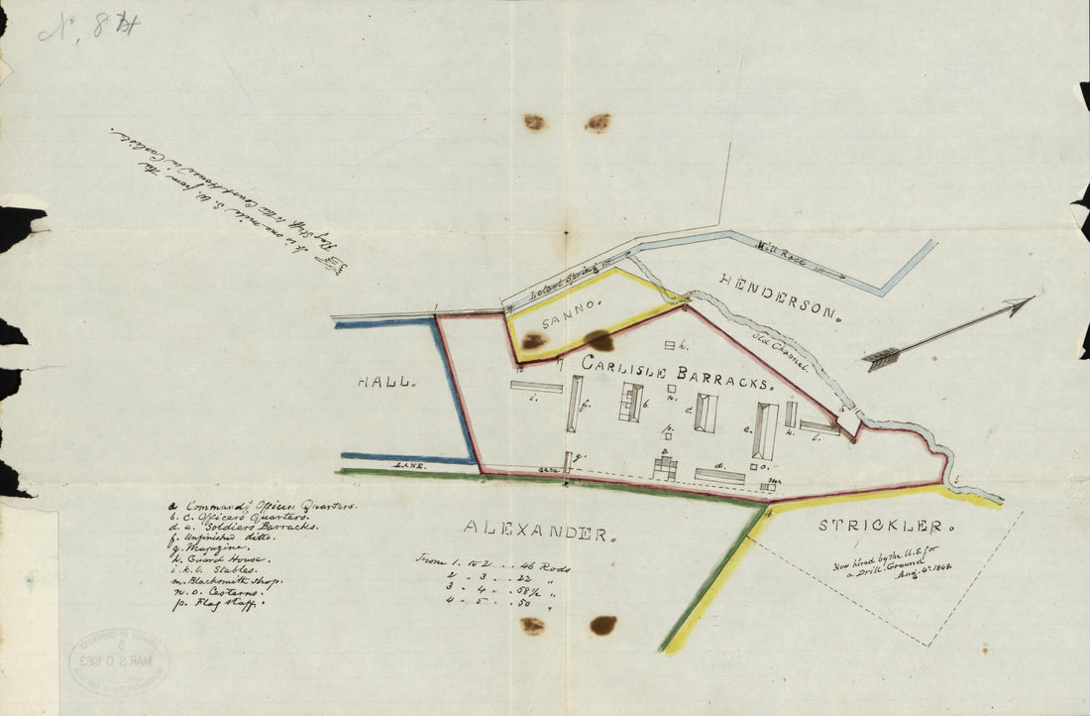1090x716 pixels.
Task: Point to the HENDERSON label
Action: [x=780, y=298]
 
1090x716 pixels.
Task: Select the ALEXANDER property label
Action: [x=535, y=534]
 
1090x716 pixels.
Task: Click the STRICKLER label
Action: [x=886, y=527]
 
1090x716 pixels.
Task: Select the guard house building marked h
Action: [x=674, y=344]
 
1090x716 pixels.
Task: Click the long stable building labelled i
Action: [x=536, y=387]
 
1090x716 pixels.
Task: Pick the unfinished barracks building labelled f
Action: [x=575, y=403]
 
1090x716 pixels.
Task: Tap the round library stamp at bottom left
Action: [x=119, y=660]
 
